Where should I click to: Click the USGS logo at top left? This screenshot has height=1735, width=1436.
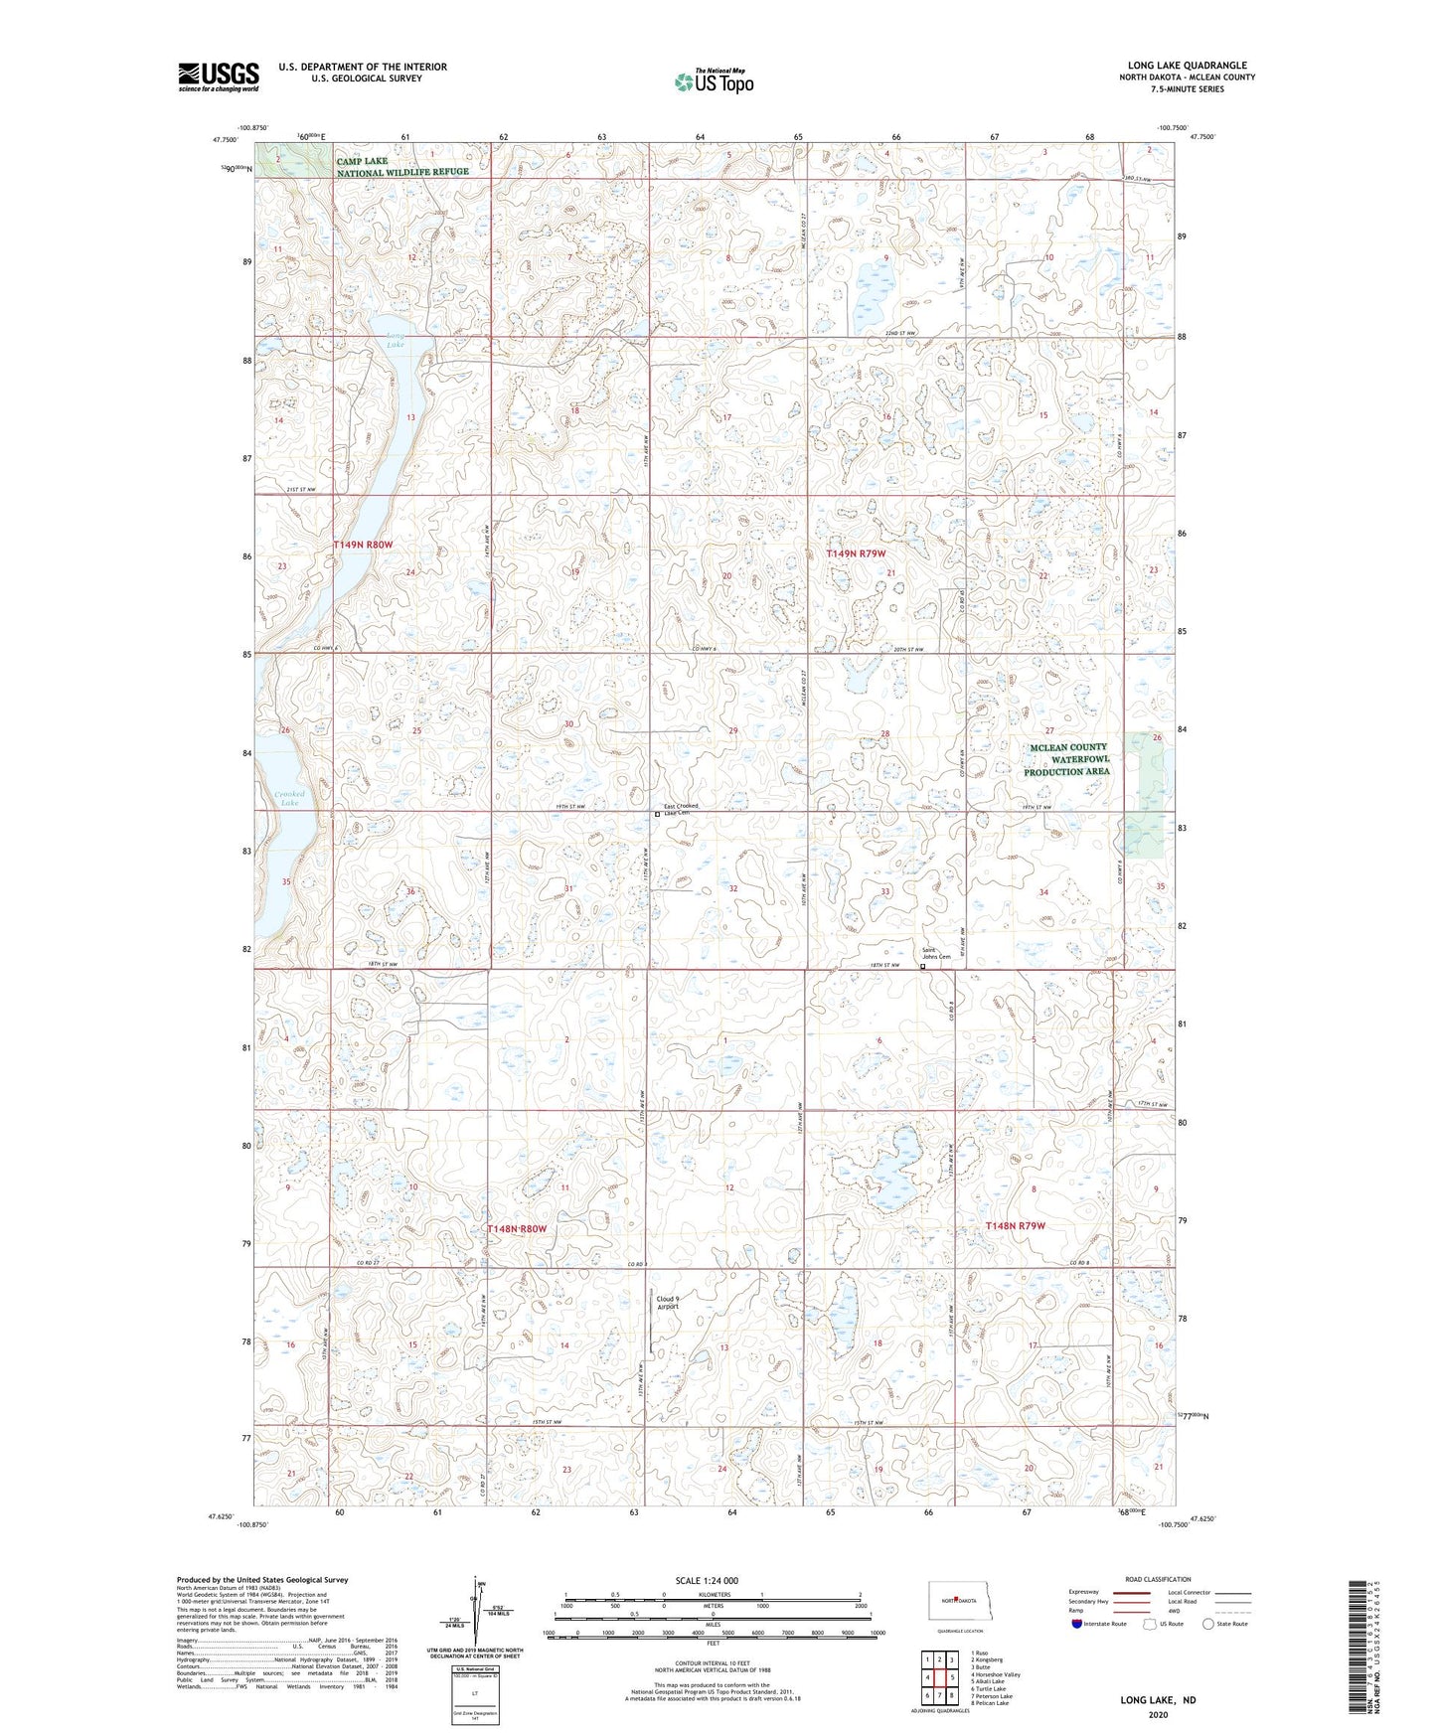tap(219, 77)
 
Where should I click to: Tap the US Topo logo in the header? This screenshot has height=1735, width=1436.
tap(713, 81)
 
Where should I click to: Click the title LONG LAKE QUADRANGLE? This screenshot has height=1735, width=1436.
tap(1187, 66)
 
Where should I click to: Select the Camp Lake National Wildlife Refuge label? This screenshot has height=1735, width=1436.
tap(401, 167)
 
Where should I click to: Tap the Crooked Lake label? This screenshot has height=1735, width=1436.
tap(289, 798)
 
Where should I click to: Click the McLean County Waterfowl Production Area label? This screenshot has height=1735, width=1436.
tap(1067, 759)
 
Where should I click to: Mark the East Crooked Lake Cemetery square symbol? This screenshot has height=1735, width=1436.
tap(657, 815)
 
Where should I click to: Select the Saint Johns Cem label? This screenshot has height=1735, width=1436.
tap(936, 953)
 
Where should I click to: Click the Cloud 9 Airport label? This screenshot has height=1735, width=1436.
tap(668, 1303)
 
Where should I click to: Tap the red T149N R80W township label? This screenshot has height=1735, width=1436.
tap(363, 545)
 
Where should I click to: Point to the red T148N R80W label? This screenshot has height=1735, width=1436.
tap(517, 1229)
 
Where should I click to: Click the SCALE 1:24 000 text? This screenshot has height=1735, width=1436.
tap(706, 1580)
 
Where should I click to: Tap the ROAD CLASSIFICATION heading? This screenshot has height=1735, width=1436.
tap(1158, 1579)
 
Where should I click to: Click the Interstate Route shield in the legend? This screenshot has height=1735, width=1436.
tap(1077, 1624)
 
